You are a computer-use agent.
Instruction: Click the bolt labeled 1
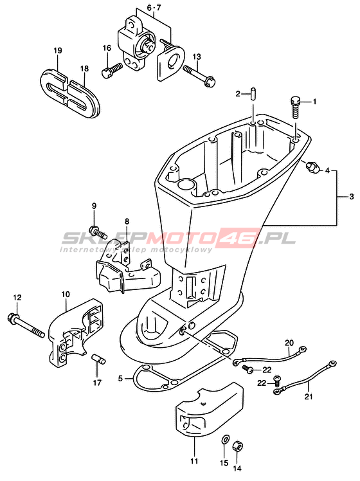click(294, 107)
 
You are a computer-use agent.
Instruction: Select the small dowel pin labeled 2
click(253, 93)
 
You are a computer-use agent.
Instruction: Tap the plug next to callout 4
click(313, 167)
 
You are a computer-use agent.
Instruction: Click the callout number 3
click(352, 196)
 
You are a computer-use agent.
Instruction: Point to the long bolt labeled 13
click(200, 75)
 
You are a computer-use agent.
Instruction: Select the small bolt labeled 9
click(98, 232)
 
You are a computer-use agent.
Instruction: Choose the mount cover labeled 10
click(76, 332)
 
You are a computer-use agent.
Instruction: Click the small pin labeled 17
click(98, 359)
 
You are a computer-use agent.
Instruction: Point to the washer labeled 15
click(225, 439)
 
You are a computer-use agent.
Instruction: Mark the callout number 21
click(309, 397)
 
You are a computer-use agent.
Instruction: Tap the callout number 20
click(289, 342)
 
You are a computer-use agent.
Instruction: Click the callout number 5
click(120, 379)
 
